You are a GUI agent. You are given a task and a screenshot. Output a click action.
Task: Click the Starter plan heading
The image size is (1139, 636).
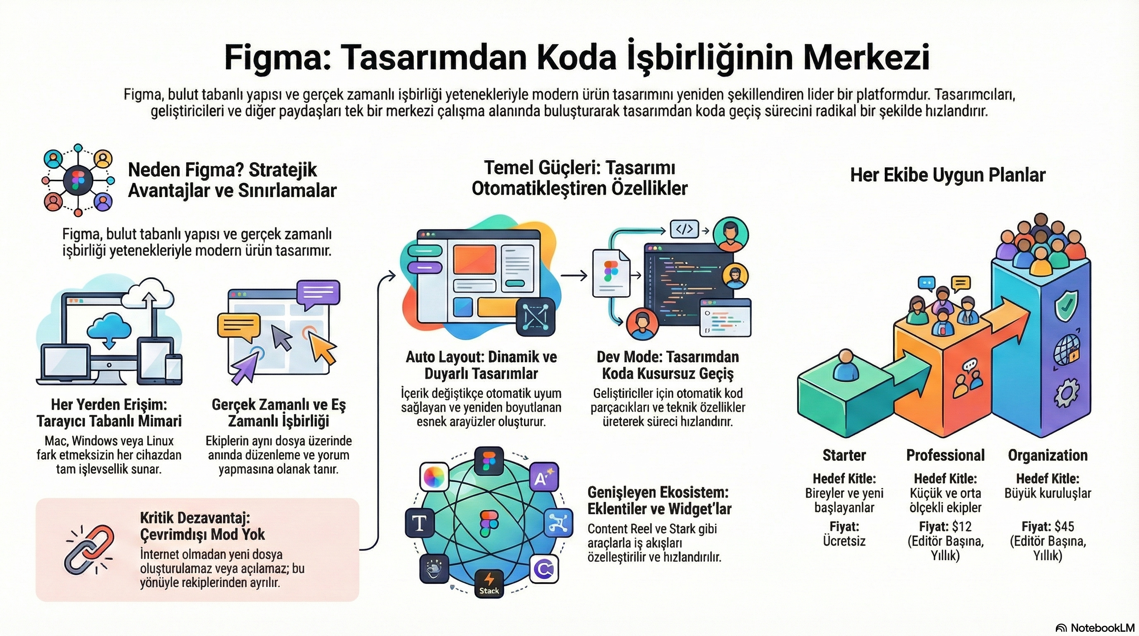click(843, 455)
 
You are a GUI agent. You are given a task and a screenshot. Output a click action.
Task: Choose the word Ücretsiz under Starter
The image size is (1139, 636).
click(843, 541)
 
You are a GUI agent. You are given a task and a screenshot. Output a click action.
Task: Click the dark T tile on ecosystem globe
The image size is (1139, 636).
click(420, 523)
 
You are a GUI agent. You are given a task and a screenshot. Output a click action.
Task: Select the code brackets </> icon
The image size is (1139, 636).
click(685, 229)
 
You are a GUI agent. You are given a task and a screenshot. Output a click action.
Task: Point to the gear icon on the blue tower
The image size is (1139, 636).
click(1066, 394)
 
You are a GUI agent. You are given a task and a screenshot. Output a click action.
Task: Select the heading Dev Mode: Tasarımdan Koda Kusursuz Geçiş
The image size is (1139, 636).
click(668, 365)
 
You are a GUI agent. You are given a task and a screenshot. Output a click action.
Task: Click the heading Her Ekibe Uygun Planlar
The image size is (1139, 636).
click(947, 175)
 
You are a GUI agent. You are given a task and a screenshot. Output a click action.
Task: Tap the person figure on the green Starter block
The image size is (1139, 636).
click(845, 365)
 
